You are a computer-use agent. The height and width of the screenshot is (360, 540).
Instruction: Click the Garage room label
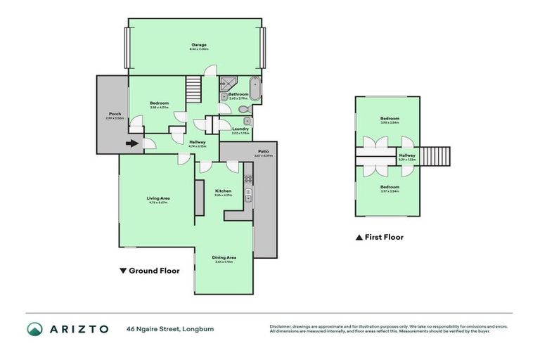tap(198, 44)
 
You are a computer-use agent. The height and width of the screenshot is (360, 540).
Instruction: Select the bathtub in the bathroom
tap(255, 91)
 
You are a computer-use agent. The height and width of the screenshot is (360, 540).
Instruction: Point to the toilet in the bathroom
tap(242, 110)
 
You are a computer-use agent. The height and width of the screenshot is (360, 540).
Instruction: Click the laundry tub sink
tap(247, 122)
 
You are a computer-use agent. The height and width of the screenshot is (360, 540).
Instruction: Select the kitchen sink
tap(247, 200)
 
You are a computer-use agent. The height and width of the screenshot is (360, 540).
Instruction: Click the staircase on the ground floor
tap(193, 89)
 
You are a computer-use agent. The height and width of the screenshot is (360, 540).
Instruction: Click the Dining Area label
tap(224, 257)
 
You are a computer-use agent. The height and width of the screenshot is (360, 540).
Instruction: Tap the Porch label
tap(114, 114)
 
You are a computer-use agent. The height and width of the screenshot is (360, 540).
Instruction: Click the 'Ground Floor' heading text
tap(154, 270)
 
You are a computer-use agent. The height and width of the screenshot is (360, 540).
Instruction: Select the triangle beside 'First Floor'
tap(359, 238)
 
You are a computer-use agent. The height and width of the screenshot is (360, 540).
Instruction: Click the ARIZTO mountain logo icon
tap(35, 329)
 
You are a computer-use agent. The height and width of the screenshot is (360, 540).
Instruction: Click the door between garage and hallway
tap(210, 70)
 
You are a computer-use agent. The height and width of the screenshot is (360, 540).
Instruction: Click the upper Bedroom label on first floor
tap(390, 118)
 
